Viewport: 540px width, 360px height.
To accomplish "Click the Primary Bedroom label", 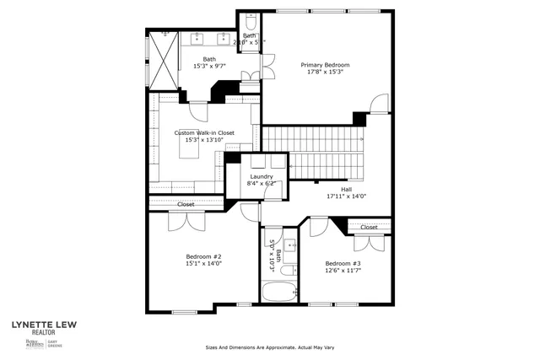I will click(325, 65).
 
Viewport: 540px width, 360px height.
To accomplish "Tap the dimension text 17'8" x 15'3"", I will click(325, 72).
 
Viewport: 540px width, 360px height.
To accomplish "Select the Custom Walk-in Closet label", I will click(204, 132).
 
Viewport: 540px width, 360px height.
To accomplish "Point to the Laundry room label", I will click(262, 176).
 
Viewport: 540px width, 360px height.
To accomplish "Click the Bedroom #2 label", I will click(203, 256).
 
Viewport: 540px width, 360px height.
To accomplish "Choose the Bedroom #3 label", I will click(343, 264).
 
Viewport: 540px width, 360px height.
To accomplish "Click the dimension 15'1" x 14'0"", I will click(203, 263).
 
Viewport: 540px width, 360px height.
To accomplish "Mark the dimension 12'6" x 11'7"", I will click(343, 271).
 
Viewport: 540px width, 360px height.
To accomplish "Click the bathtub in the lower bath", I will click(278, 293).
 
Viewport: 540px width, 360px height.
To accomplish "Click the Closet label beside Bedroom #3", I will click(369, 227).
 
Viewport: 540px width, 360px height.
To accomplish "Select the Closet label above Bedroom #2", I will click(186, 204).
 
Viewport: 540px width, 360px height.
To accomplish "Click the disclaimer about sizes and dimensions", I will click(269, 347).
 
